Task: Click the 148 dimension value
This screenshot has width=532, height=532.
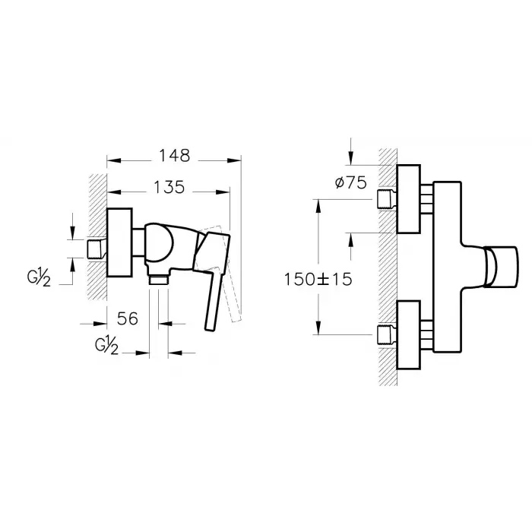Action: [x=175, y=156]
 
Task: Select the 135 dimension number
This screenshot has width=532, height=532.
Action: [x=169, y=187]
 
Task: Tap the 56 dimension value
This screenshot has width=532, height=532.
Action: [x=128, y=318]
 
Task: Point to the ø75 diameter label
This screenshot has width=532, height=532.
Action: [x=351, y=183]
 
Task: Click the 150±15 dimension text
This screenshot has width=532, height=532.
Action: [x=318, y=280]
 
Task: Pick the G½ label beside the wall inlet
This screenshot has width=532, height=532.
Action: [x=39, y=277]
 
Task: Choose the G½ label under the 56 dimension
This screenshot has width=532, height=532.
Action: [x=107, y=346]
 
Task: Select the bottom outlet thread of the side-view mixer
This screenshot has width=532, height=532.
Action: [x=159, y=280]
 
